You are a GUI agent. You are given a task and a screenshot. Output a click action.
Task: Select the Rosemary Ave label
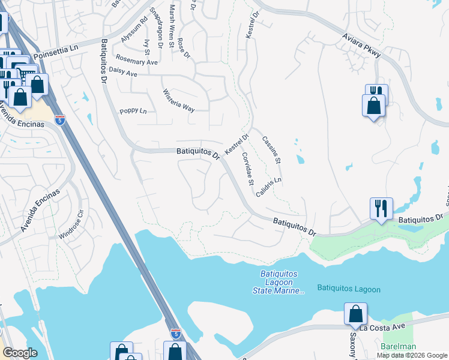pos(137,62)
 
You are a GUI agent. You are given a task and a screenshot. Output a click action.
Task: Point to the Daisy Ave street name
pos(123,74)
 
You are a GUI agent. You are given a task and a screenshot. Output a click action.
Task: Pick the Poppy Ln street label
pos(133,111)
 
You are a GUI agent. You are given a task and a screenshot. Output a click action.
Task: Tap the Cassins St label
pos(271,150)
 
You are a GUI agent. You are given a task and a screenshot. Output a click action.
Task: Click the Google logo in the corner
pos(19,353)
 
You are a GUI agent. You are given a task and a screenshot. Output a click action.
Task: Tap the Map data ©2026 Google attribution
pos(412,355)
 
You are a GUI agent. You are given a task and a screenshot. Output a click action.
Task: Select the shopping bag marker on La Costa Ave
pos(355,314)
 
